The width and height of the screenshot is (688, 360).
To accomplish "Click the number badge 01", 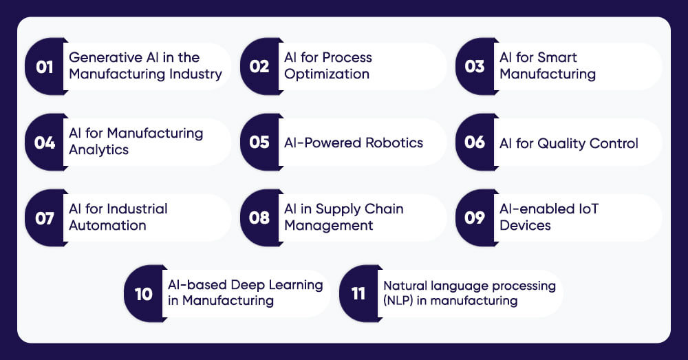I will pyautogui.click(x=45, y=67).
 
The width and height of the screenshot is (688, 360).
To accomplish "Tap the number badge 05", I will pyautogui.click(x=259, y=142).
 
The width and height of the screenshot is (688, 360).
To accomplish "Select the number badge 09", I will pyautogui.click(x=475, y=218).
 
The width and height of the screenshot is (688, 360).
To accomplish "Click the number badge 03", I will pyautogui.click(x=475, y=67).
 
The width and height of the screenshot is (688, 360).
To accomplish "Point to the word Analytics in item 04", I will pyautogui.click(x=98, y=149).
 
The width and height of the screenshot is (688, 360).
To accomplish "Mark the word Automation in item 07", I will pyautogui.click(x=107, y=225).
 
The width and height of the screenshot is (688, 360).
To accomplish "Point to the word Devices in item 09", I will pyautogui.click(x=525, y=225).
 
